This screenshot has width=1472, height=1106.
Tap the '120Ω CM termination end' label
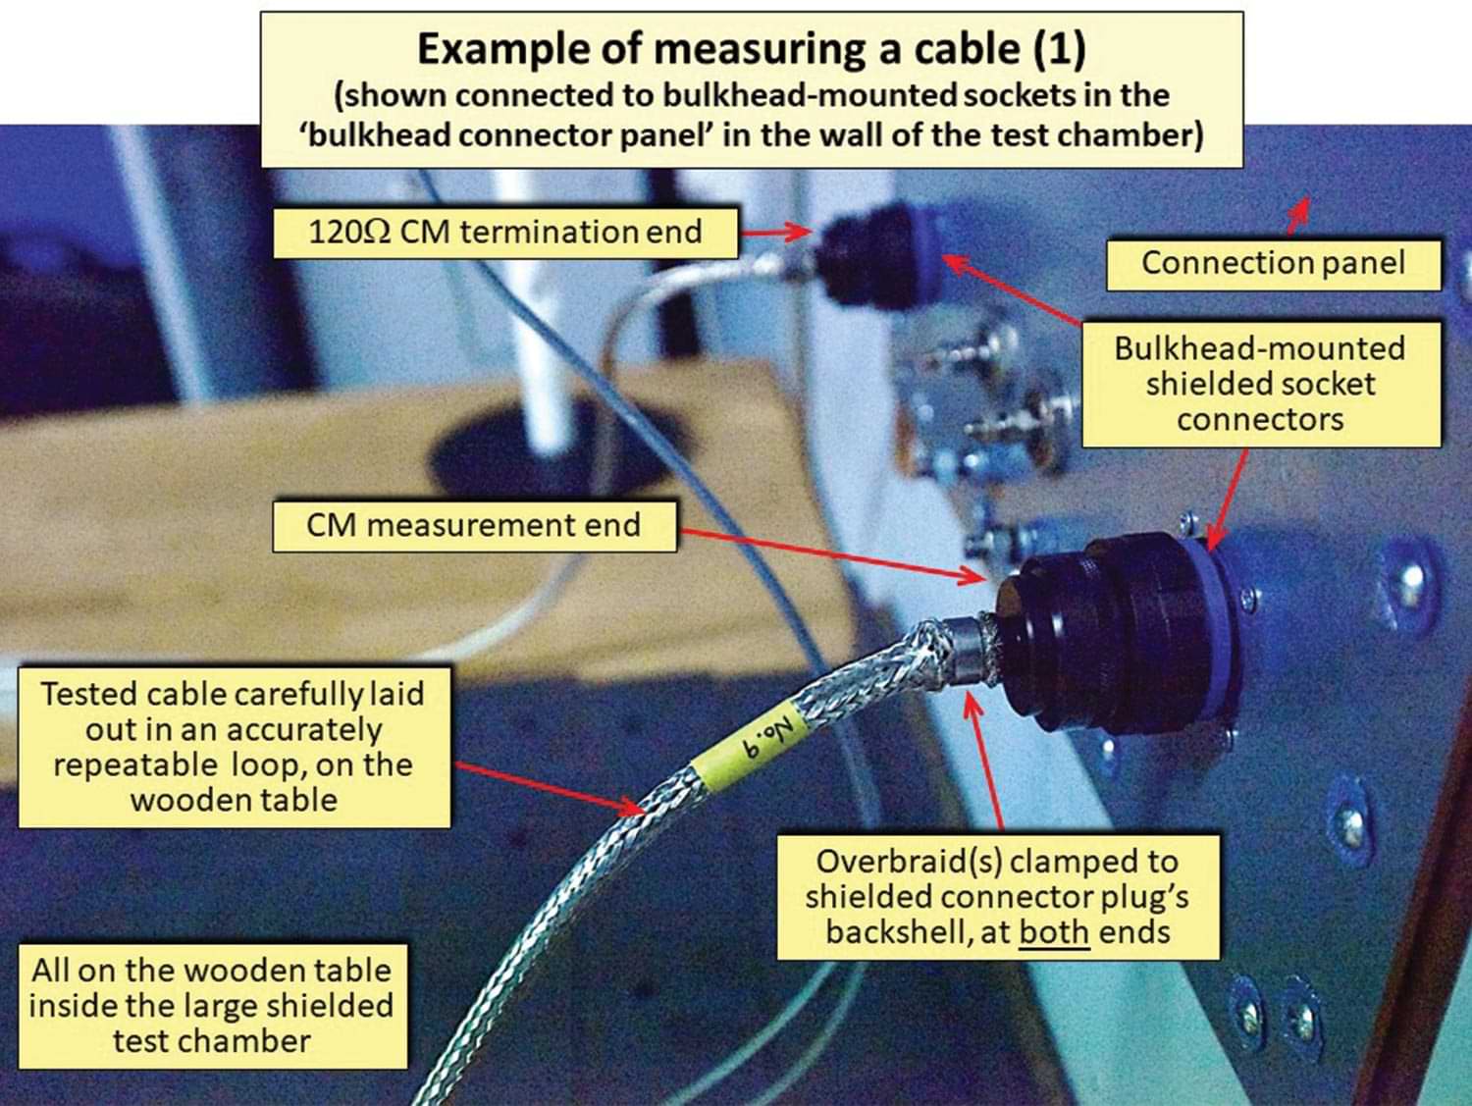click(504, 233)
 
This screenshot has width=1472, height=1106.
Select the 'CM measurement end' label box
click(473, 525)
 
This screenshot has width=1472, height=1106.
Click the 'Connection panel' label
click(1273, 263)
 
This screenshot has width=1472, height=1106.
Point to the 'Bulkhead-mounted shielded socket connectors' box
click(1260, 384)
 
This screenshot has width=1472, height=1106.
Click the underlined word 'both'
click(1053, 931)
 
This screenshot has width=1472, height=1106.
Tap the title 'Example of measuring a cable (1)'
click(751, 49)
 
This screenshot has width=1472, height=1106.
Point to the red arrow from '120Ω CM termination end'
click(775, 233)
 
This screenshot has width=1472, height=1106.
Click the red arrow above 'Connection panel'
click(1297, 215)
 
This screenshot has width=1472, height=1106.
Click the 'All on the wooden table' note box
click(212, 1005)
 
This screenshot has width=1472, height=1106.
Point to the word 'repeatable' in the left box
click(135, 764)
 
